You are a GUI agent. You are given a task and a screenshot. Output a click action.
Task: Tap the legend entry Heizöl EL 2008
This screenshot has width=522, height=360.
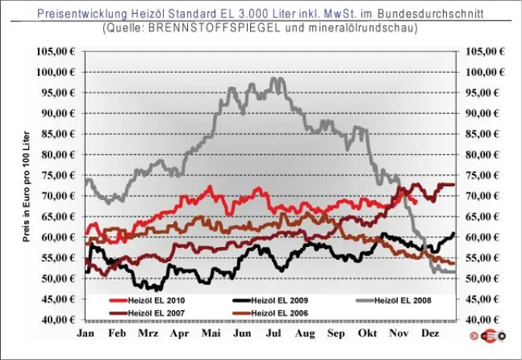[x=405, y=301]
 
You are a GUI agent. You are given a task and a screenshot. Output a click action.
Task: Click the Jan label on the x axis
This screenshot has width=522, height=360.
[x=86, y=333]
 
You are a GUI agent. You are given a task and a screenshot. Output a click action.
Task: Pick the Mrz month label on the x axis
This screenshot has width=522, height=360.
[x=148, y=333]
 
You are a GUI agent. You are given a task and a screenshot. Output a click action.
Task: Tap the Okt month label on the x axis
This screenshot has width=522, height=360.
[x=367, y=333]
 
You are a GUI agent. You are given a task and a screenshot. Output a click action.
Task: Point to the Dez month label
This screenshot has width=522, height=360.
[x=430, y=333]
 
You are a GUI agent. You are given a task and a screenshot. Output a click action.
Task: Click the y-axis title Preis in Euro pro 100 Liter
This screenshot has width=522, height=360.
[x=26, y=186]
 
